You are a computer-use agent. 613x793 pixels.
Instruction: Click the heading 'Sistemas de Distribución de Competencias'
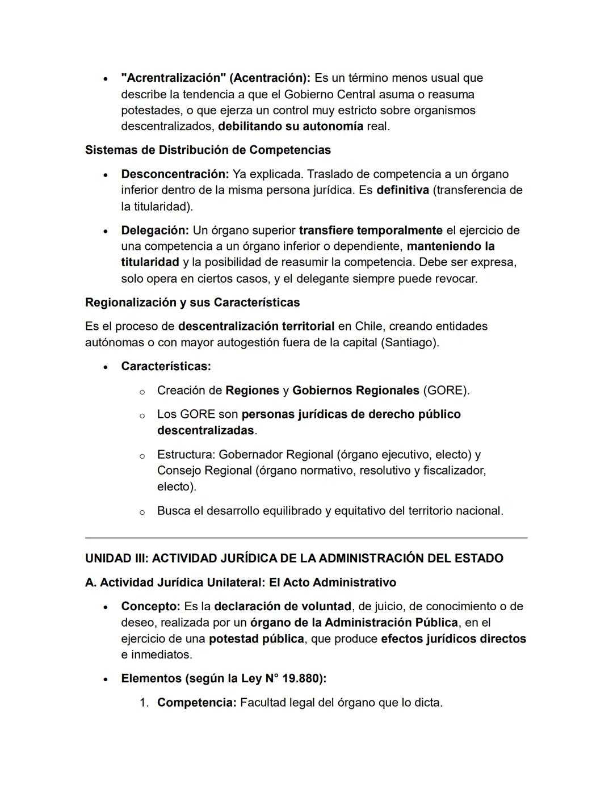208,150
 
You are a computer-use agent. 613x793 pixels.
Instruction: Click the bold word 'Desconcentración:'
175,174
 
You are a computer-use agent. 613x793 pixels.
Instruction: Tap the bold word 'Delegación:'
155,230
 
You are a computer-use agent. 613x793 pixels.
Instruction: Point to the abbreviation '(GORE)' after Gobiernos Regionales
446,391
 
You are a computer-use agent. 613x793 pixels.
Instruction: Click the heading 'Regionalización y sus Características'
192,302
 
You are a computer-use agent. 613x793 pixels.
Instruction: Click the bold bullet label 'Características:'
166,366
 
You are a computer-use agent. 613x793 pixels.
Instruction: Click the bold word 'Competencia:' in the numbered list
196,702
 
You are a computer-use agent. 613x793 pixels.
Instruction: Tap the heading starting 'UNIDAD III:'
294,558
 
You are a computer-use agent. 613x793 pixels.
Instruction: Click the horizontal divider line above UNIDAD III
306,537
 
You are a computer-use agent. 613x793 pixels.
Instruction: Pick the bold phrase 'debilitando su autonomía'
291,126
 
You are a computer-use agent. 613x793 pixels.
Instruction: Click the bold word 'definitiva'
402,190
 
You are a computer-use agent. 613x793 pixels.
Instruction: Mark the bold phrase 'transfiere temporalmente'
371,230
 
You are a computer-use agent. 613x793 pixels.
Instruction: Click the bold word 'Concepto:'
150,606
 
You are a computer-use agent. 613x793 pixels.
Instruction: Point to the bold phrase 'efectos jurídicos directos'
454,639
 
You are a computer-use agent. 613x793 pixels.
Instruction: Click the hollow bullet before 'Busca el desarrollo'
142,512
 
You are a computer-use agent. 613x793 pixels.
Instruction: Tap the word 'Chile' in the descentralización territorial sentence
368,326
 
